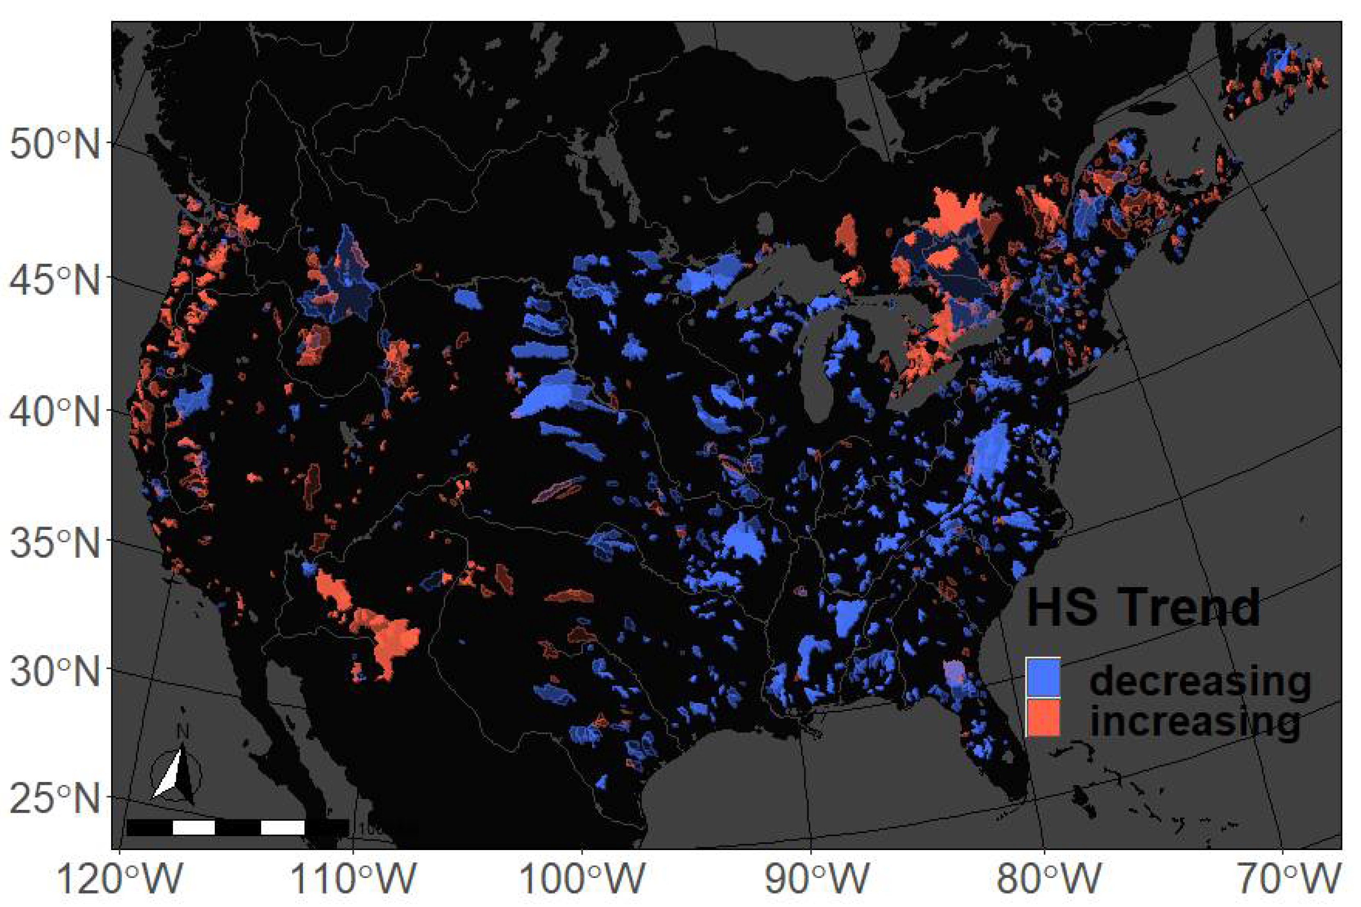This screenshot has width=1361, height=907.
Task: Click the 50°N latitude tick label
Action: click(55, 145)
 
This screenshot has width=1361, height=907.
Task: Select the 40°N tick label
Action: click(55, 412)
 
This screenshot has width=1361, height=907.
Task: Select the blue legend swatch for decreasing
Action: click(1043, 677)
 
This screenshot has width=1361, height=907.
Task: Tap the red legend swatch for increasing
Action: click(1043, 718)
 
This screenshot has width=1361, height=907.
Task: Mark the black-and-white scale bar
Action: click(237, 828)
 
